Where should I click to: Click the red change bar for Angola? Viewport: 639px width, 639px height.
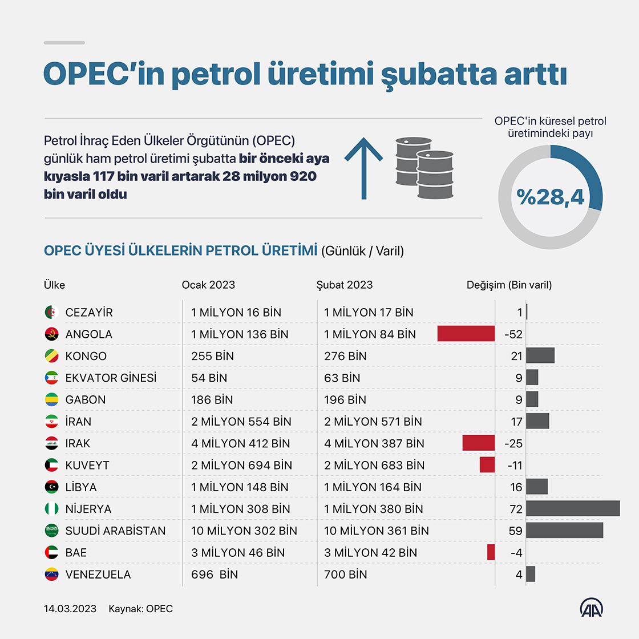pos(466,334)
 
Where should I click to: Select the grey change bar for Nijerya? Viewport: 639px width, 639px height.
pos(573,508)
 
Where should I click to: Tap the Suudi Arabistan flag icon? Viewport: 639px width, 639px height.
pos(51,531)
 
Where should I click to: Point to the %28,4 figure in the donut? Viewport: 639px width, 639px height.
pos(551,197)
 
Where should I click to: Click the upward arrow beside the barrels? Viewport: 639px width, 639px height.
pos(363,169)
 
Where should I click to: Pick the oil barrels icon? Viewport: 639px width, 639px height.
pos(424,168)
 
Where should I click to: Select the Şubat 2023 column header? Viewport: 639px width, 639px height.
pos(345,285)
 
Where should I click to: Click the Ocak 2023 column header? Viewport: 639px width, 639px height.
pos(208,285)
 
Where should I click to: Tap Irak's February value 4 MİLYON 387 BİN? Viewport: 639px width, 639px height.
pos(374,443)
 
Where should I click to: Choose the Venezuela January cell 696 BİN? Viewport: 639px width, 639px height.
pos(215,575)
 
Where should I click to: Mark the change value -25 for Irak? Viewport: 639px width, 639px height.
pos(513,443)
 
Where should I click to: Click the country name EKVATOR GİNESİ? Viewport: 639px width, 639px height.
pos(111,378)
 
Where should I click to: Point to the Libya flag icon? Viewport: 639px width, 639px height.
pos(51,487)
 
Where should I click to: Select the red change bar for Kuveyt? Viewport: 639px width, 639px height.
pos(487,465)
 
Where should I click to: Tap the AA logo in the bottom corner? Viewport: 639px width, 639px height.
pos(592,608)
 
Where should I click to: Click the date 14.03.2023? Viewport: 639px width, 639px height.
pos(70,609)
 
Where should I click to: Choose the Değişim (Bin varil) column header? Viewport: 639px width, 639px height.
pos(509,285)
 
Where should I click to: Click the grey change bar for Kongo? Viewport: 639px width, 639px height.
pos(540,356)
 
